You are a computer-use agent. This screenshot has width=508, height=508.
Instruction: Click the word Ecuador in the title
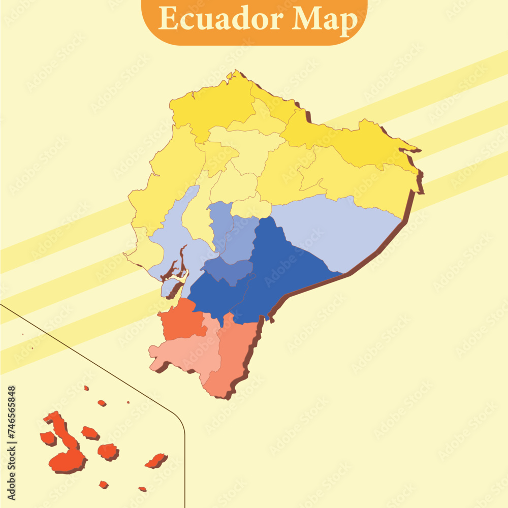click(221, 20)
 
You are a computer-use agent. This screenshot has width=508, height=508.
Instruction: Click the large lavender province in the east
click(335, 229)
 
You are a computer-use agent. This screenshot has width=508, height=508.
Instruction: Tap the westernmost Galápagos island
click(48, 438)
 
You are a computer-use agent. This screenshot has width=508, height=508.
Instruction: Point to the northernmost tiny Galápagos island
click(86, 388)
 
